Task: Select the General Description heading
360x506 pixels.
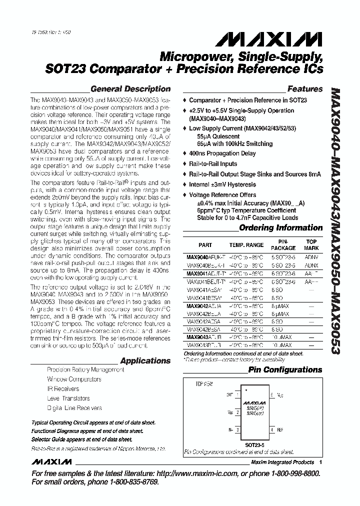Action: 130,89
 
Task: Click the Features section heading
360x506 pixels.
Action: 305,89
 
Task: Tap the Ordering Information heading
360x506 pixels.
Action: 281,228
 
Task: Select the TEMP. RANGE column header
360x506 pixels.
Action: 246,245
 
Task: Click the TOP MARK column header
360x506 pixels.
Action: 311,245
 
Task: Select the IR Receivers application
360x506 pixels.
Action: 63,388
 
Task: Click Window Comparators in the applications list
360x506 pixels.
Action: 74,379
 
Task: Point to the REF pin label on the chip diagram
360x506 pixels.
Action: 279,429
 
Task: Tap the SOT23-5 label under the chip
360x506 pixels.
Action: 255,443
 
